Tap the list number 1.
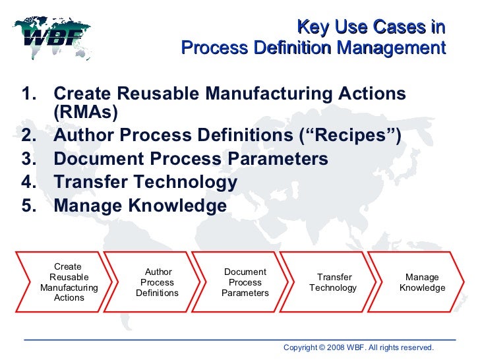tap(29, 94)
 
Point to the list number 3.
tap(29, 160)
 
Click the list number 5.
tap(29, 206)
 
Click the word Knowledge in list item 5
tap(178, 206)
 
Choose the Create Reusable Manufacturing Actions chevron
tap(68, 282)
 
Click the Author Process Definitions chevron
tap(158, 282)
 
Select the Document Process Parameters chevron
tap(245, 282)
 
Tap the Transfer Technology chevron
tap(334, 282)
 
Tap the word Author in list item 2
tap(82, 136)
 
